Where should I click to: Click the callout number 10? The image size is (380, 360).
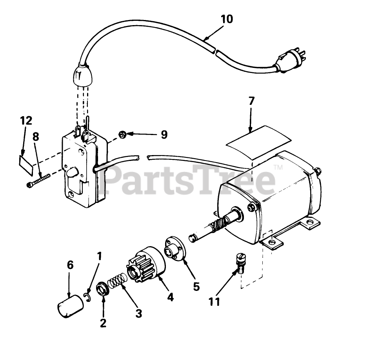[x=226, y=19]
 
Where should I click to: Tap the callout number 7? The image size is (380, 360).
[x=251, y=101]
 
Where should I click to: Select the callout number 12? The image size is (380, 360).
[x=27, y=121]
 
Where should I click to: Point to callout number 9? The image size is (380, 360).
[x=164, y=134]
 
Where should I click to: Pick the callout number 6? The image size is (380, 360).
[x=70, y=265]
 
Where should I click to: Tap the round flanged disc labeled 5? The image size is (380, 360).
[x=174, y=249]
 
